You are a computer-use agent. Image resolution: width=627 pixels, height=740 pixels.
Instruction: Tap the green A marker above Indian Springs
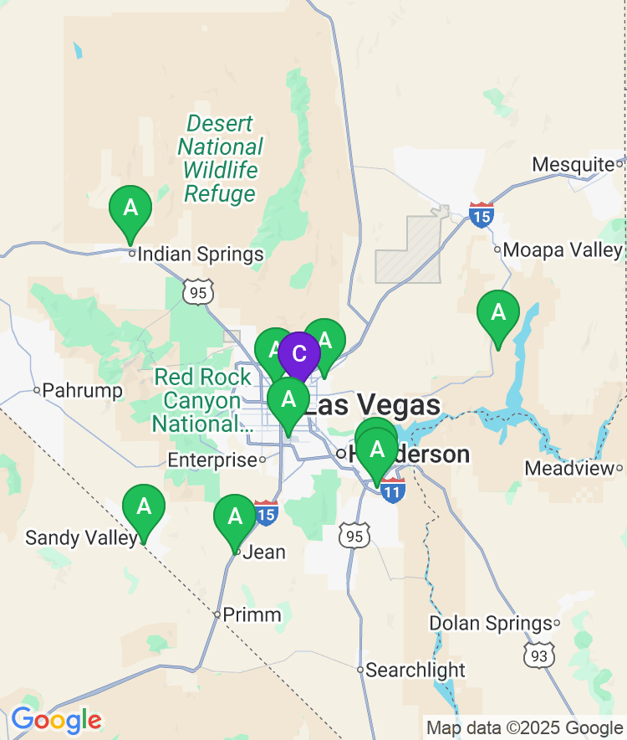click(x=130, y=207)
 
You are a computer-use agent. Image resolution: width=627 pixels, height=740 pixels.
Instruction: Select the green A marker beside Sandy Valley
click(x=144, y=506)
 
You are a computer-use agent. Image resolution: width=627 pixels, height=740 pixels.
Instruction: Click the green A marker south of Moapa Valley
click(x=498, y=313)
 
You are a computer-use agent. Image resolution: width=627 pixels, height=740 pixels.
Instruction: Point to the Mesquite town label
click(x=573, y=164)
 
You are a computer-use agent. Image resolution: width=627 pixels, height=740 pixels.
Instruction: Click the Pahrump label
click(x=82, y=390)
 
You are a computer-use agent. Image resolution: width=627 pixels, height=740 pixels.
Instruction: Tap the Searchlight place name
click(x=415, y=670)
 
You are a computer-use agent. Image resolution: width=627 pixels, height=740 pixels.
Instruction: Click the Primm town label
click(x=251, y=615)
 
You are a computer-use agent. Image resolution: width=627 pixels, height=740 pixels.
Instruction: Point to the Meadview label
click(x=569, y=469)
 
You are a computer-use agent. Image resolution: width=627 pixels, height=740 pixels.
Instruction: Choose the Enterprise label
click(x=212, y=460)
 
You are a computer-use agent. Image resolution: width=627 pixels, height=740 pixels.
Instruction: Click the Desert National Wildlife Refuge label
click(x=220, y=159)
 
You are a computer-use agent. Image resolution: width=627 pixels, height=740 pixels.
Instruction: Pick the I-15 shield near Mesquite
click(x=481, y=215)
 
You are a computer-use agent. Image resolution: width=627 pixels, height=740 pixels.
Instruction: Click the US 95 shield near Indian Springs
click(x=201, y=291)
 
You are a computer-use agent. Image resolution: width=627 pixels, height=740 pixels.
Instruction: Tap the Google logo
click(x=56, y=720)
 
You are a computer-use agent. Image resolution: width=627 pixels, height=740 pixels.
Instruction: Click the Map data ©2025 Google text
click(x=524, y=728)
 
